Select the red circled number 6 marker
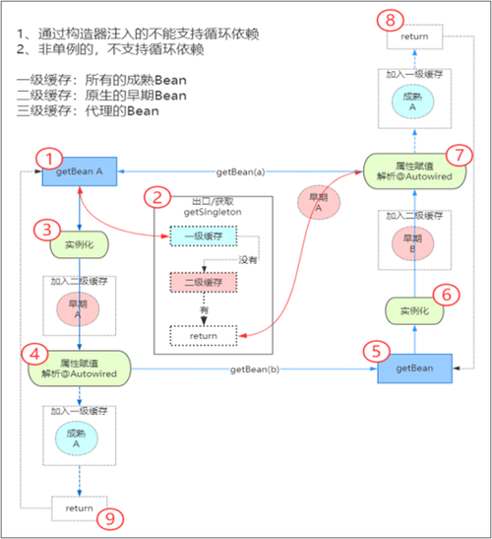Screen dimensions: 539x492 coord(446,294)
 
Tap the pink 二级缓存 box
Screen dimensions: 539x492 coord(203,283)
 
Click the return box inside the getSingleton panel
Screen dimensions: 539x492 coord(203,336)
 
